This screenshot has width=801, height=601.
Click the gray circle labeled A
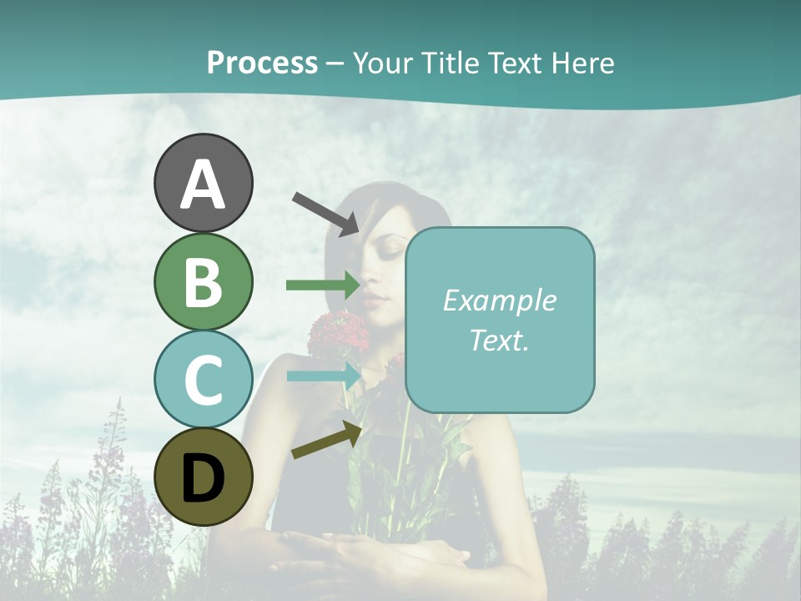pos(203,183)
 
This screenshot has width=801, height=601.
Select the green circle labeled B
pos(203,281)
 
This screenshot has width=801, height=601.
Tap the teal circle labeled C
pos(203,379)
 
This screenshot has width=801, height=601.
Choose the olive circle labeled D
pos(203,477)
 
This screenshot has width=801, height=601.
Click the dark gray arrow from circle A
pos(325,213)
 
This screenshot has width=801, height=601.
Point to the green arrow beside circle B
pos(324,285)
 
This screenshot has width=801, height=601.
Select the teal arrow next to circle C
pos(324,376)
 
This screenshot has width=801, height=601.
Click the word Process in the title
pos(262,63)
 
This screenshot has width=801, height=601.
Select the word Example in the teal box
pos(499,300)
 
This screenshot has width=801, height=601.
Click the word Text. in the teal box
pos(499,340)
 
